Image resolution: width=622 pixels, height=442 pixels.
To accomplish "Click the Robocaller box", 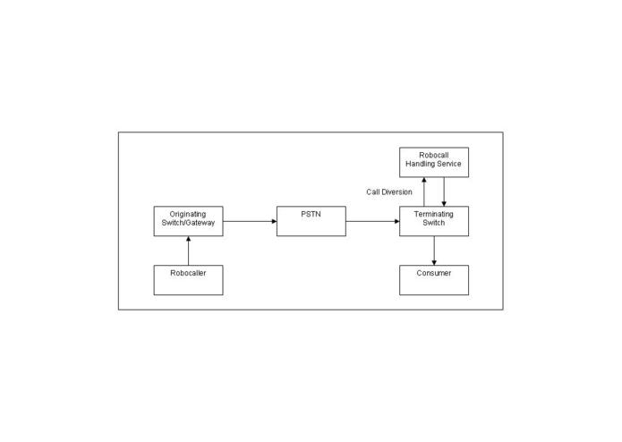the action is [x=189, y=280].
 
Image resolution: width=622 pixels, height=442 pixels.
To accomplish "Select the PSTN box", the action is [x=311, y=221].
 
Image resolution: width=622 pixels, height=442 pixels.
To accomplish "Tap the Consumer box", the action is [x=434, y=280].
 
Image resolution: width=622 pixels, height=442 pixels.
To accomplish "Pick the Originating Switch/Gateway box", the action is [x=189, y=221].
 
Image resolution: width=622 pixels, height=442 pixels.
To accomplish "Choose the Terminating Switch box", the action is [x=434, y=221].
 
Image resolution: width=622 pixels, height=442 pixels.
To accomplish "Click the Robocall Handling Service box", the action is [x=434, y=162].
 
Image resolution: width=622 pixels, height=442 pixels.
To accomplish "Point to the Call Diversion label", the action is [x=389, y=191].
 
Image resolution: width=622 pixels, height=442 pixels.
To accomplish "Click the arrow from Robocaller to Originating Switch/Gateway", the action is [x=189, y=251].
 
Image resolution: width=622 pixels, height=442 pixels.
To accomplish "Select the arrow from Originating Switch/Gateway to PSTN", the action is [x=250, y=221].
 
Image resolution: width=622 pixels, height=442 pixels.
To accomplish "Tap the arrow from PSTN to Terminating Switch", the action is [x=373, y=221].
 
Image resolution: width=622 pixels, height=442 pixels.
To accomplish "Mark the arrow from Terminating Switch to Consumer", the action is [x=434, y=251].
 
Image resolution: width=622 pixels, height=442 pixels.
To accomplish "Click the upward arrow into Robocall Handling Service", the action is [x=424, y=191].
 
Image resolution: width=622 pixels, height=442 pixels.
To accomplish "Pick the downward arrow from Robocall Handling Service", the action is [x=444, y=191].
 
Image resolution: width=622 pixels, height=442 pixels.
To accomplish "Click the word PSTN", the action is [x=311, y=214].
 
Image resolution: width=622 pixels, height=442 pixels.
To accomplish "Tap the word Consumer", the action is [x=434, y=273].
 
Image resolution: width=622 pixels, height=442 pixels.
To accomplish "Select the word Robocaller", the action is [x=189, y=273].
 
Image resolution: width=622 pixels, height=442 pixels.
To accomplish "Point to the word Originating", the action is [x=188, y=215].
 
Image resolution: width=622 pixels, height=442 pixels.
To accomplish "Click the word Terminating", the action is [x=433, y=215].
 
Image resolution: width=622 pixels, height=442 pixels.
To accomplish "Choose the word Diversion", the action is [x=397, y=191].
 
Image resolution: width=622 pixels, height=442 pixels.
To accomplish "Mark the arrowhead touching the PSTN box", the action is [x=274, y=221].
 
